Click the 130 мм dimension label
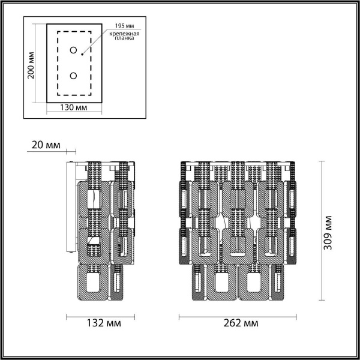click(74, 107)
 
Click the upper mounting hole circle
click(74, 50)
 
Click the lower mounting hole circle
click(74, 76)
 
